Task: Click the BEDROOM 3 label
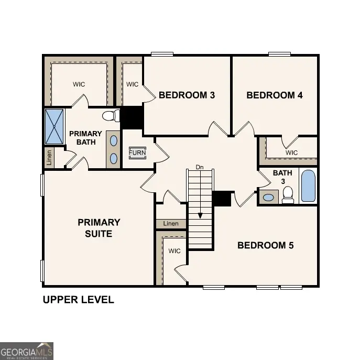tap(187, 95)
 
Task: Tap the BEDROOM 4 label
tap(275, 95)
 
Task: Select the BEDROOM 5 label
tap(266, 245)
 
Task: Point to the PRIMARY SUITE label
tap(99, 228)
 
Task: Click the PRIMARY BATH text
tap(85, 138)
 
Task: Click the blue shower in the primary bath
tap(54, 126)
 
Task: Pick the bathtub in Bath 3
tap(309, 186)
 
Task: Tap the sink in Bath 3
tap(269, 198)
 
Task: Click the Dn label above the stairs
tap(199, 167)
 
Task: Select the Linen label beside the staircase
tap(171, 224)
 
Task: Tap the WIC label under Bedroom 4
tap(292, 152)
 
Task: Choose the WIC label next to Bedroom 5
tap(174, 251)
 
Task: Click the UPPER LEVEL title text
tap(78, 300)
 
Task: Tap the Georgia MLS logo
tap(26, 351)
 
